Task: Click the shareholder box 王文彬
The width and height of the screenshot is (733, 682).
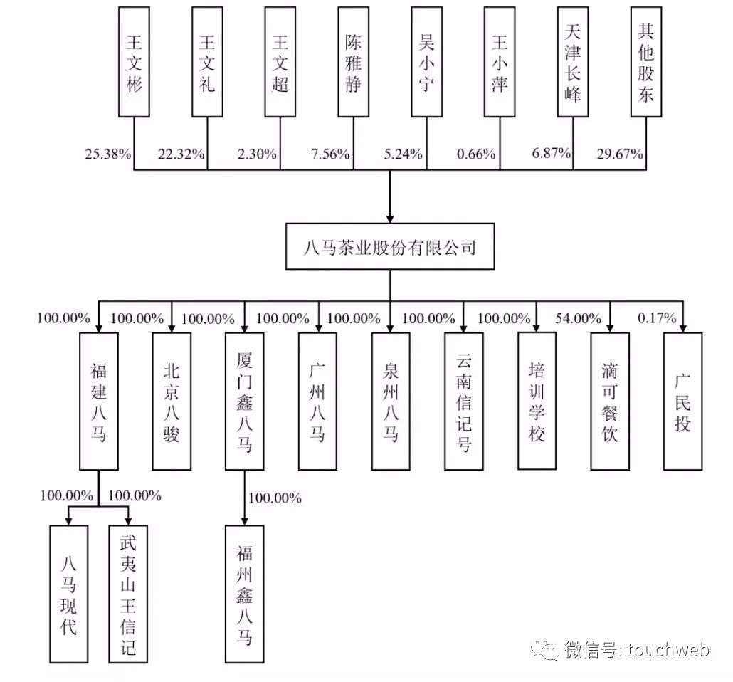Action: (134, 62)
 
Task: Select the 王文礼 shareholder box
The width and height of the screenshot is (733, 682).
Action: (207, 62)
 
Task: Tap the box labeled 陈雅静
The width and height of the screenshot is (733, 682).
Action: (353, 62)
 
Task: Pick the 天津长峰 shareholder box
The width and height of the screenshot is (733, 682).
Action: (574, 62)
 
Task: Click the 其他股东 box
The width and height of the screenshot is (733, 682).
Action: (647, 62)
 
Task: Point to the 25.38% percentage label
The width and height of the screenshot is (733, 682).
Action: (107, 154)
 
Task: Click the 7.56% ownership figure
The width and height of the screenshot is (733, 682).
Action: (330, 154)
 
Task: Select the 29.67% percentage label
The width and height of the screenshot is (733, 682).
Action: (620, 154)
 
